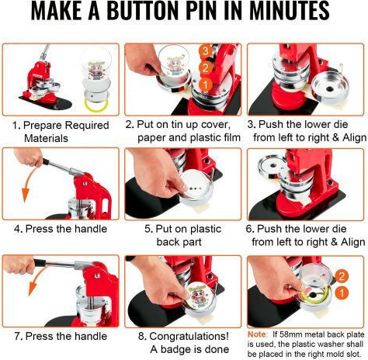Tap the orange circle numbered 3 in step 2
coord(206,50)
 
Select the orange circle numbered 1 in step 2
coord(206,85)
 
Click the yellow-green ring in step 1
coord(95,105)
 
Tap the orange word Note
coord(257,334)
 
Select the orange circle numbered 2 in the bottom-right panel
coord(342,276)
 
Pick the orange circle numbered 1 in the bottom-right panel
coord(342,293)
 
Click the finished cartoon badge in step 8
coord(198,297)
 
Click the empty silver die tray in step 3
coord(330,87)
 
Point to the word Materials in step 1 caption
coord(46,138)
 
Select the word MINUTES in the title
coord(289,11)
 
